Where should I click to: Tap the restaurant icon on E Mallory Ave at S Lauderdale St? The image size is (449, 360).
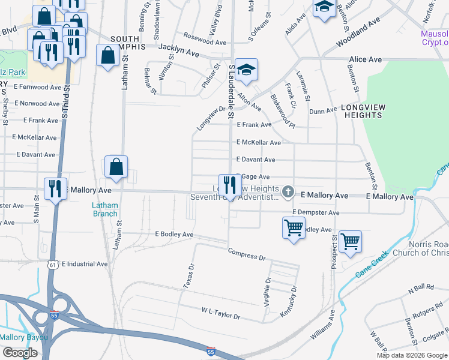229,185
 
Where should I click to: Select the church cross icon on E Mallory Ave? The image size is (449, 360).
288,193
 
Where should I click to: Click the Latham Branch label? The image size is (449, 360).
104,209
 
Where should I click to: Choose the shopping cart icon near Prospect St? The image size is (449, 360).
350,242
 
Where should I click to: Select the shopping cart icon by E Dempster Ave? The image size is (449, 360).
294,227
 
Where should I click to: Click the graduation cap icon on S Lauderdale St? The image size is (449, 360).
246,70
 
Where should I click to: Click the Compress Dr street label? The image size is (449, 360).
246,254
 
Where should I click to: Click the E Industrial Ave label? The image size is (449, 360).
84,263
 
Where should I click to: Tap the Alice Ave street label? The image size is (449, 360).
366,59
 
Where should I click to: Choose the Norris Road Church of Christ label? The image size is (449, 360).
420,248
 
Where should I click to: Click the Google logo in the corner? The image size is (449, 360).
19,352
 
